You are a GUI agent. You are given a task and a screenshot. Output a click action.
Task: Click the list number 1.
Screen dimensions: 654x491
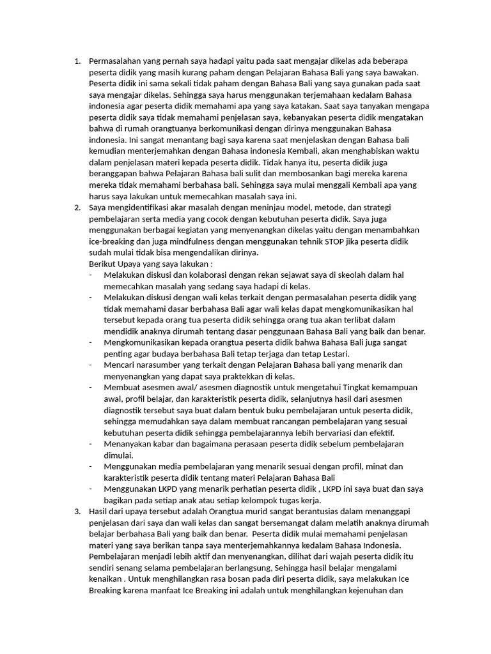77,62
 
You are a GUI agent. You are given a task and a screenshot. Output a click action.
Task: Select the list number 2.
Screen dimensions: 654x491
77,208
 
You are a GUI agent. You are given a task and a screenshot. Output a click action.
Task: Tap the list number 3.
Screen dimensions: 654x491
77,512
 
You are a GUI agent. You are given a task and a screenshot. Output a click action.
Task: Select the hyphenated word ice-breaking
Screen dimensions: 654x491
109,242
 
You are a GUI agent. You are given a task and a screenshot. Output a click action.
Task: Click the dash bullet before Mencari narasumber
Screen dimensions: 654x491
91,365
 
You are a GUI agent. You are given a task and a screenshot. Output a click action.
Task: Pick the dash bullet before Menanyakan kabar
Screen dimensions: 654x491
91,444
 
